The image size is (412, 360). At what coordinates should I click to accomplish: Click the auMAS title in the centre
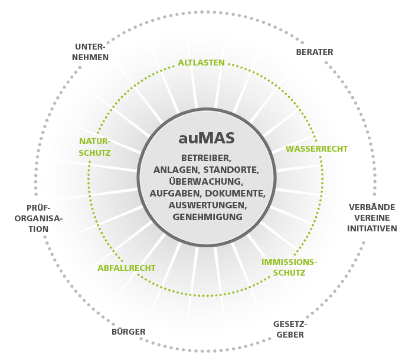(207, 138)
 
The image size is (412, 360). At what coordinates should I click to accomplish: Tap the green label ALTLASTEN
(201, 63)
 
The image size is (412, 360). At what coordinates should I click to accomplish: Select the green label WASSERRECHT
(316, 149)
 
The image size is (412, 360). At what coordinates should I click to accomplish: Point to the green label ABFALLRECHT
(126, 268)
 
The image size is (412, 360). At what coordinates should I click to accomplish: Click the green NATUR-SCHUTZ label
(94, 147)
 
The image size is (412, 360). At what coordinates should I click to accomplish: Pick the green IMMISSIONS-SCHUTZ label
(289, 267)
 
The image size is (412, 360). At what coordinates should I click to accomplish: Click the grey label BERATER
(315, 52)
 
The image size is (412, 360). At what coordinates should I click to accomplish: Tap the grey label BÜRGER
(129, 332)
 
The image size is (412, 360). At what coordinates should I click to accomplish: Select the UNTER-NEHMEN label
(90, 52)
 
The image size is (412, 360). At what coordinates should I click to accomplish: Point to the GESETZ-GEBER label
(290, 329)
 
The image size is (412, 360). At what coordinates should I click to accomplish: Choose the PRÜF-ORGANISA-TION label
(38, 218)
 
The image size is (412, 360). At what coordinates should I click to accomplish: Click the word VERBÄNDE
(372, 207)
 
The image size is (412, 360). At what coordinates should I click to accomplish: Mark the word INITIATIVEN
(372, 228)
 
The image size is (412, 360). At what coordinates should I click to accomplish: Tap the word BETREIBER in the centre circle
(206, 158)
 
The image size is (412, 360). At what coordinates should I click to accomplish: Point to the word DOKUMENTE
(235, 194)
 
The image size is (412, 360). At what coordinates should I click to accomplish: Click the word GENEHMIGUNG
(208, 217)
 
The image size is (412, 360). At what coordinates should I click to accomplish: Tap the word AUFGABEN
(176, 194)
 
